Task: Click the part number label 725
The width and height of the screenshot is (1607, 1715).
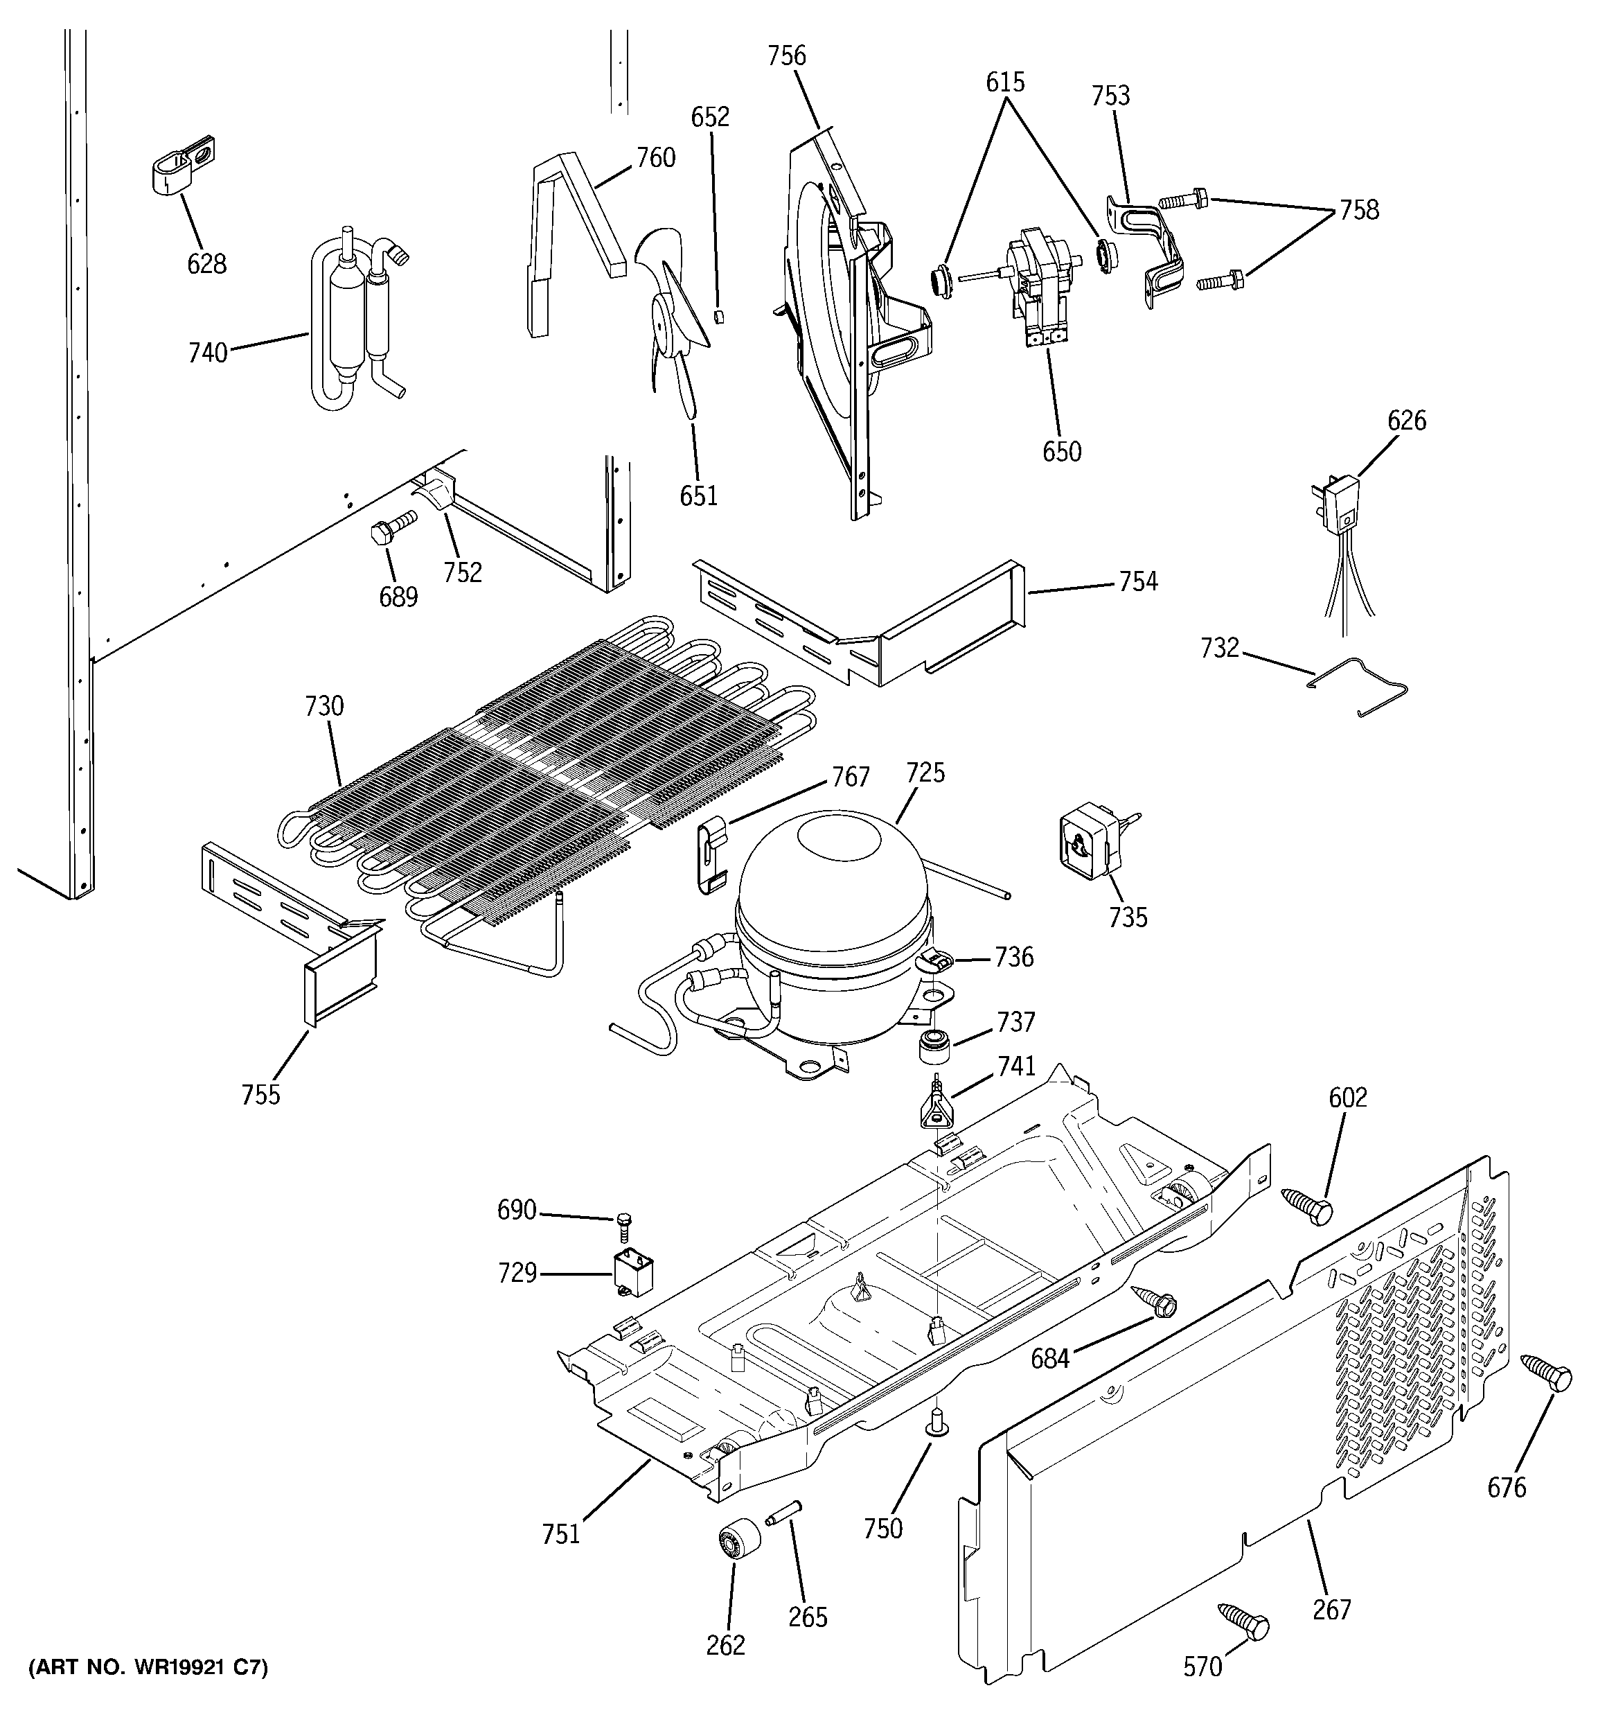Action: [925, 772]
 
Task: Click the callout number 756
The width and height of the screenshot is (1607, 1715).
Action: [787, 56]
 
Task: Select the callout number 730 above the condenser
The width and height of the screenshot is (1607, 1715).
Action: [323, 707]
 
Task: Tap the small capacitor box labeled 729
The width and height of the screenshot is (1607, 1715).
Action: [632, 1276]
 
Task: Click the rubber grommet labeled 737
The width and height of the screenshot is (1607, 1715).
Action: [933, 1047]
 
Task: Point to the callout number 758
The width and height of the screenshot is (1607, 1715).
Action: [1358, 210]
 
